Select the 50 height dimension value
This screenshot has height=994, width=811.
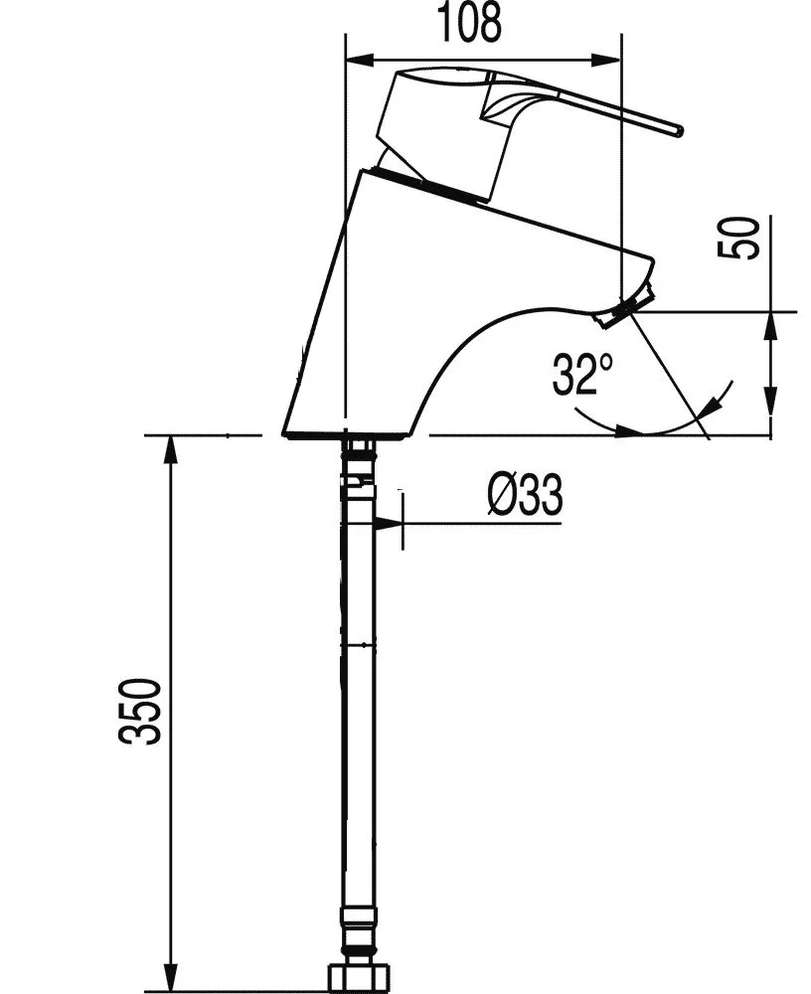741,238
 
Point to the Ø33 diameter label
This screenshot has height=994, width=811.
525,494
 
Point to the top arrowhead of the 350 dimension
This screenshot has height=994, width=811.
170,446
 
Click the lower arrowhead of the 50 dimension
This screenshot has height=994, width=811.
770,424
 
